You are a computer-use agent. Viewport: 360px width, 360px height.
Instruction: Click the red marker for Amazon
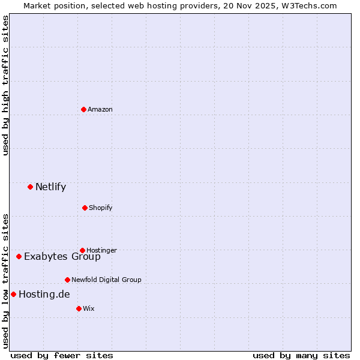click(83, 109)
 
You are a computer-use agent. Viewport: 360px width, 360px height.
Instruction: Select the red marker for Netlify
click(30, 187)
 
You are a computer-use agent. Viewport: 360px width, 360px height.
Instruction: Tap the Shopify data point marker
click(85, 208)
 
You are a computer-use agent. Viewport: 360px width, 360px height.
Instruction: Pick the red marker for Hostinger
click(82, 250)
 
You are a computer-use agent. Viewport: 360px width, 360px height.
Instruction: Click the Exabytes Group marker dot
click(19, 256)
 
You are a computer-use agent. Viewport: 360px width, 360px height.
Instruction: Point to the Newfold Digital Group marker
click(67, 280)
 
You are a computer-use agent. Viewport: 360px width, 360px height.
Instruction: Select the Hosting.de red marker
click(13, 294)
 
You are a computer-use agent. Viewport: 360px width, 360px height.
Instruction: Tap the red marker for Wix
click(79, 308)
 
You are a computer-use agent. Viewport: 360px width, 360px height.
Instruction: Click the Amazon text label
click(100, 109)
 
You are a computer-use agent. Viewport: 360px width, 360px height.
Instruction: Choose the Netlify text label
click(50, 187)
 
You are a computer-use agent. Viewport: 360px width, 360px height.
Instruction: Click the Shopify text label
click(101, 208)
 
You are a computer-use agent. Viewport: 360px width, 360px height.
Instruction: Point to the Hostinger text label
click(101, 250)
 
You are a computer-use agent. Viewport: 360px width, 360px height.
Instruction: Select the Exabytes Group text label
click(62, 257)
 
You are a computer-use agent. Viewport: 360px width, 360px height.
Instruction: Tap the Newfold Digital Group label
click(106, 280)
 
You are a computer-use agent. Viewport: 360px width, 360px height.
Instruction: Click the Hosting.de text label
click(44, 294)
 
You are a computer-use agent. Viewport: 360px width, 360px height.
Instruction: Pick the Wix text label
click(89, 308)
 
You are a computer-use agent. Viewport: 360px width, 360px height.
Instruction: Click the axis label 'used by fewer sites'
click(62, 355)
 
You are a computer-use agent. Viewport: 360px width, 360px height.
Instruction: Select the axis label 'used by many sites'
click(301, 355)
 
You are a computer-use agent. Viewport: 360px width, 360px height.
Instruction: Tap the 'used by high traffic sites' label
click(6, 85)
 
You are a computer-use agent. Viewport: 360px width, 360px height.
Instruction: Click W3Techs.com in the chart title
click(309, 5)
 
